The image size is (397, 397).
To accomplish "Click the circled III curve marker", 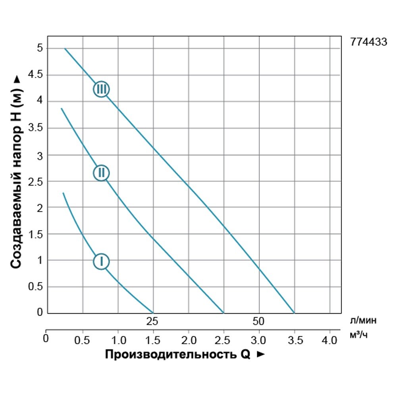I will click(x=101, y=89).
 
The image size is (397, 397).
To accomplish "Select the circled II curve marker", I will click(x=101, y=173).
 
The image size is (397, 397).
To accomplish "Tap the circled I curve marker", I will click(x=101, y=261).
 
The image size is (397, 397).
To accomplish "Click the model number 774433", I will click(x=368, y=42).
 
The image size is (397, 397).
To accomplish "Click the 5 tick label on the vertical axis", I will click(x=40, y=48).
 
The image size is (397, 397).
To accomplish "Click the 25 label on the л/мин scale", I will click(x=153, y=321).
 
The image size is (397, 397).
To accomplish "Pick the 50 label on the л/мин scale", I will click(x=258, y=321).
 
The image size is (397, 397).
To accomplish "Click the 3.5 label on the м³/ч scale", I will click(x=294, y=340).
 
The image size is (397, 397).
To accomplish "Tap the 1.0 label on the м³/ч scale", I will click(x=118, y=340).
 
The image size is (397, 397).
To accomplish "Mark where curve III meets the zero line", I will click(x=294, y=313).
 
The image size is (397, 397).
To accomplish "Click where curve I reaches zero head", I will click(x=153, y=313).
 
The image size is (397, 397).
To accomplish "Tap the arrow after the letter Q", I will click(x=260, y=355).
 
